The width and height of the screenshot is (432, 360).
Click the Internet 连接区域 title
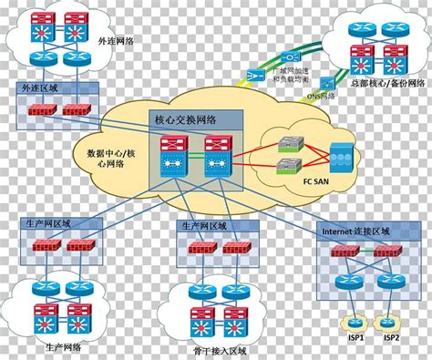click(355, 231)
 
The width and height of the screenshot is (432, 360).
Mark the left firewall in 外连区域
click(40, 109)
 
